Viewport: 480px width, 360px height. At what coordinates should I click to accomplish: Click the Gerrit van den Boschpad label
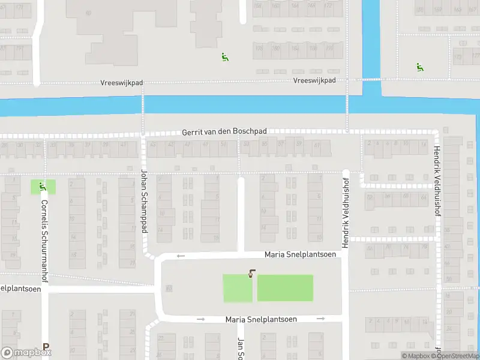(224, 131)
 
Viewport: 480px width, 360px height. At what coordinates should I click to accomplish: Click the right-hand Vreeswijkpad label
(314, 80)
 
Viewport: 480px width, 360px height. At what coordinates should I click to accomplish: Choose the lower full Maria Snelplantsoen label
(261, 319)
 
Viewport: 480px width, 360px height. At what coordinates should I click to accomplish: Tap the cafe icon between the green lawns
(251, 274)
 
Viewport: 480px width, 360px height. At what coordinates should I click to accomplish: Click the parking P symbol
(46, 347)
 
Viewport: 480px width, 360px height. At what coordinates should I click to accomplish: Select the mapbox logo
(26, 353)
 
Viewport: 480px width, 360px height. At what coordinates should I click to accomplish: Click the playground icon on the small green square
(42, 187)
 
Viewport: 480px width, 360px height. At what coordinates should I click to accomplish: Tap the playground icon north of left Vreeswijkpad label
(225, 58)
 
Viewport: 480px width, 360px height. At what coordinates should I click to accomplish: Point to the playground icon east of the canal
(419, 67)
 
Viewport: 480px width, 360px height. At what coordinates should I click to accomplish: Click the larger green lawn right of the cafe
(285, 288)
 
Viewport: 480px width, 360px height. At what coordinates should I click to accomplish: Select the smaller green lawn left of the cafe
(238, 289)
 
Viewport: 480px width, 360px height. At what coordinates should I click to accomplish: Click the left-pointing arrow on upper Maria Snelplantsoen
(181, 256)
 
